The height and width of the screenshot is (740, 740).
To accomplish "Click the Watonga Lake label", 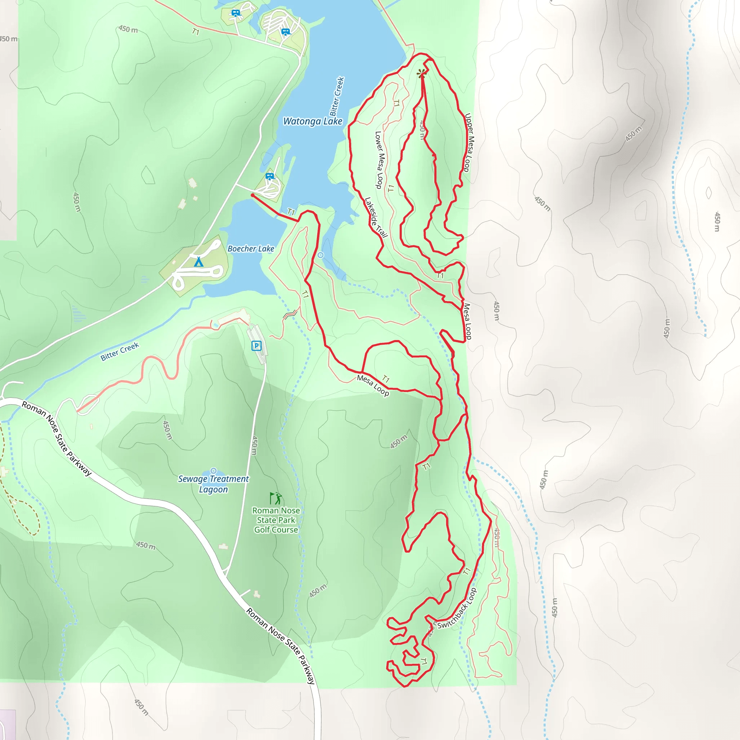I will pyautogui.click(x=313, y=121).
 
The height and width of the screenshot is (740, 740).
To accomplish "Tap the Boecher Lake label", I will pyautogui.click(x=251, y=249).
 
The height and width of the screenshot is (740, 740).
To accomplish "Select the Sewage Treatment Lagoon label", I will pyautogui.click(x=213, y=484).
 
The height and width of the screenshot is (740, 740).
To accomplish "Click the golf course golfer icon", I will pyautogui.click(x=276, y=498).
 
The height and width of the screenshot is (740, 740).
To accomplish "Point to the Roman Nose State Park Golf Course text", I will pyautogui.click(x=276, y=520).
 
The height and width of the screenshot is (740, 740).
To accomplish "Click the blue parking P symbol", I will pyautogui.click(x=256, y=346).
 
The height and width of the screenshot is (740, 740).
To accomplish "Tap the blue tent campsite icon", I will pyautogui.click(x=198, y=262).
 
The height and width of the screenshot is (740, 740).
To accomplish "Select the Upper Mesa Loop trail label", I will pyautogui.click(x=469, y=142).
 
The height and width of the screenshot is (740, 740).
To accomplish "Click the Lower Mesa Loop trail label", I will pyautogui.click(x=379, y=160).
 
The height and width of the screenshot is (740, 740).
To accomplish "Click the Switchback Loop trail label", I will pyautogui.click(x=457, y=608).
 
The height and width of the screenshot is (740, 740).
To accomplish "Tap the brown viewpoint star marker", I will pyautogui.click(x=422, y=74).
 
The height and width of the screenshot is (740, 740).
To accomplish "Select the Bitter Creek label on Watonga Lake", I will pyautogui.click(x=337, y=96).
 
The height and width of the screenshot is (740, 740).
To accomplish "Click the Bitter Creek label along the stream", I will pyautogui.click(x=120, y=352).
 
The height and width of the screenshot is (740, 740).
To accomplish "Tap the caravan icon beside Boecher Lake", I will pyautogui.click(x=270, y=177).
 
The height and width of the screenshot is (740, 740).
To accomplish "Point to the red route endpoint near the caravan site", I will pyautogui.click(x=253, y=195).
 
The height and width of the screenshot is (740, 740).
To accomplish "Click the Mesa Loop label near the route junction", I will pyautogui.click(x=373, y=385).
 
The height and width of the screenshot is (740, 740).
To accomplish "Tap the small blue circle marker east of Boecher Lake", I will pyautogui.click(x=320, y=255).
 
